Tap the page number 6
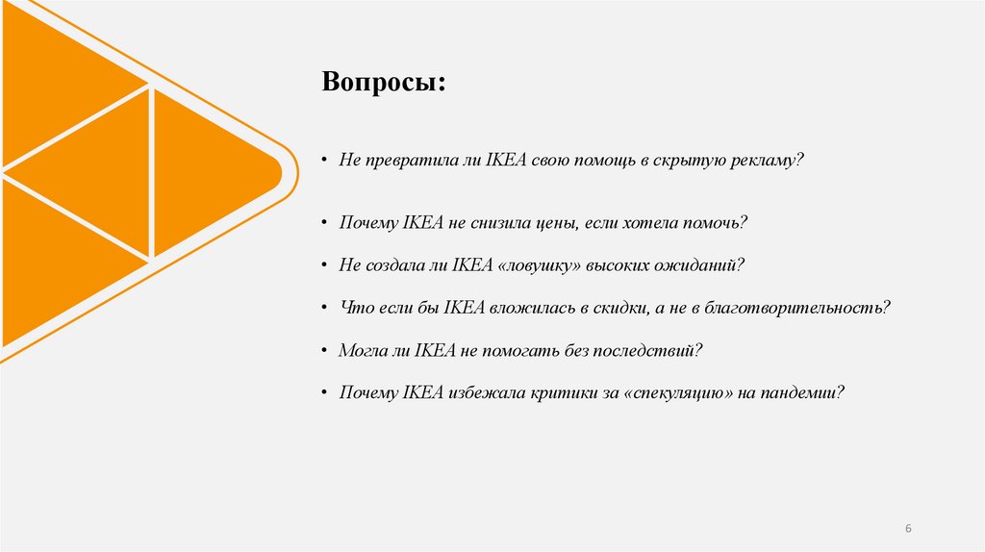point(908,530)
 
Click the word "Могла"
point(362,351)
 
